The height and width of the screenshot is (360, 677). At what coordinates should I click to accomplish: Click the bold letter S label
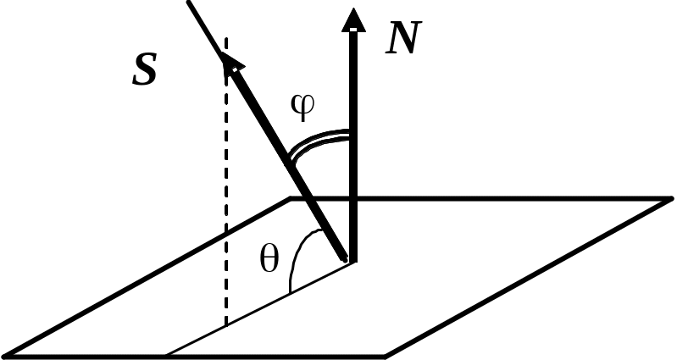point(145,70)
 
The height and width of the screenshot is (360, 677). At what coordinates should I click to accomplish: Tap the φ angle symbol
point(302,106)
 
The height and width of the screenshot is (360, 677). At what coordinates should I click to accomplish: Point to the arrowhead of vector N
point(353,19)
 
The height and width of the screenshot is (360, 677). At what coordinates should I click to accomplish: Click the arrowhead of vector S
point(231,64)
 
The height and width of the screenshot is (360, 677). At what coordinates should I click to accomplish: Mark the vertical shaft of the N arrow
point(353,146)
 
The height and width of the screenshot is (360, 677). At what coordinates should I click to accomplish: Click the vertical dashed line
point(226,181)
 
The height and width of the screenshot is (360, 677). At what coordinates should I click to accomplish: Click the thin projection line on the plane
point(260,308)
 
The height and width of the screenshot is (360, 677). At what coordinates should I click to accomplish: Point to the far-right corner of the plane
point(672,198)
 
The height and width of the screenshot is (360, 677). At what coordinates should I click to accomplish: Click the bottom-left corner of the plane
point(4,356)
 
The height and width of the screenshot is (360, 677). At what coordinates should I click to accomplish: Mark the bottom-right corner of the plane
point(386,357)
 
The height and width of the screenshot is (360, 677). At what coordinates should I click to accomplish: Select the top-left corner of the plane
point(291,198)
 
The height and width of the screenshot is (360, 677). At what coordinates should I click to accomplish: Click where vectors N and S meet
point(352,260)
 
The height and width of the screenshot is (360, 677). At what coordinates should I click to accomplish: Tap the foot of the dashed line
point(226,326)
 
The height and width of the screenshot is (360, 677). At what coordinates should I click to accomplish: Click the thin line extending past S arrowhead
point(206,28)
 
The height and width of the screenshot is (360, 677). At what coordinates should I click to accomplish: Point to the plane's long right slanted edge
point(529,278)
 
